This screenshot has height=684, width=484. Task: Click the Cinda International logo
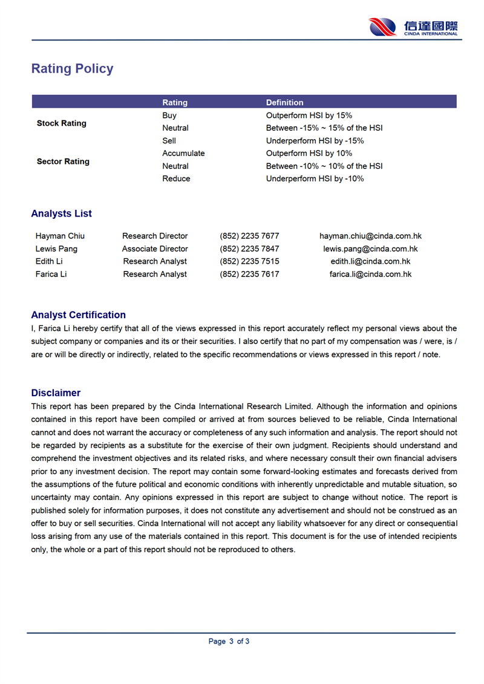pos(413,27)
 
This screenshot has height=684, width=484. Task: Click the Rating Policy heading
pos(72,69)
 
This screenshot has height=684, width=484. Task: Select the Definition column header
pos(284,102)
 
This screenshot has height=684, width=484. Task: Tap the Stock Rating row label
pos(62,123)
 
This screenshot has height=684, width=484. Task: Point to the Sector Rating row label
pos(63,161)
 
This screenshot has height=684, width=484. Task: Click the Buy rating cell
pos(169,116)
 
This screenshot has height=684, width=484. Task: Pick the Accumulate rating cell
pos(183,154)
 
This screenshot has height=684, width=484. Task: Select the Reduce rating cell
pos(176,179)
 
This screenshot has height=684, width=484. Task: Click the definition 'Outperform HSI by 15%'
pos(309,116)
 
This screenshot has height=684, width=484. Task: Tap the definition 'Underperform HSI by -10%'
pos(315,179)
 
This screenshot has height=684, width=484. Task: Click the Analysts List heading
pos(62,213)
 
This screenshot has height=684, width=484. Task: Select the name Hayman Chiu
pos(60,236)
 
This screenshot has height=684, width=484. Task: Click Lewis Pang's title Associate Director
pos(155,249)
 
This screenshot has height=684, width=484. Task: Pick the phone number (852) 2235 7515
pos(249,261)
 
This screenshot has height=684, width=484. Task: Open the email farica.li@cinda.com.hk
pos(370,274)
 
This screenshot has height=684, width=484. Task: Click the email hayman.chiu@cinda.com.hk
pos(370,236)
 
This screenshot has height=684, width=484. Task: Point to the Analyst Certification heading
pos(79,315)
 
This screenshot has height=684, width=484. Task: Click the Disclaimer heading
pos(56,393)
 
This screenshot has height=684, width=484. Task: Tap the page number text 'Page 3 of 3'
pos(229,642)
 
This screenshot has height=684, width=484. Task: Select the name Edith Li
pos(49,261)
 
